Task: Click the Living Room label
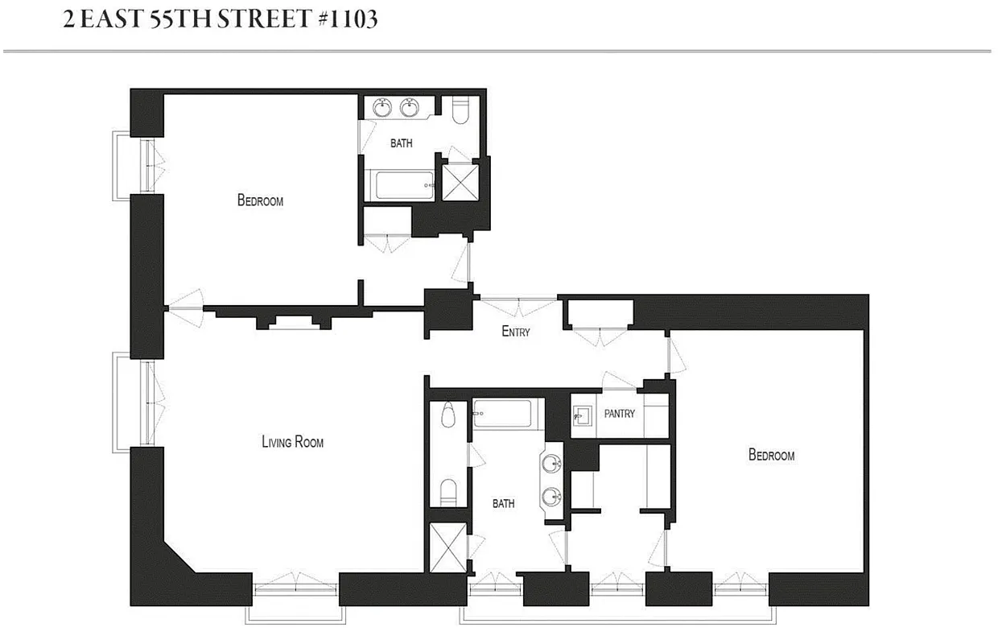292,441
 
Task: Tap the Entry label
515,331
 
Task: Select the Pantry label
619,414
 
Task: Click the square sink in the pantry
584,416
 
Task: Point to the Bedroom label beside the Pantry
771,455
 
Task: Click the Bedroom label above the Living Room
260,200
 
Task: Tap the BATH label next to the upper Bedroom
401,143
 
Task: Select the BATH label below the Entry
503,504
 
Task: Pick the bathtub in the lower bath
502,415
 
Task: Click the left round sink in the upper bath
383,107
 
